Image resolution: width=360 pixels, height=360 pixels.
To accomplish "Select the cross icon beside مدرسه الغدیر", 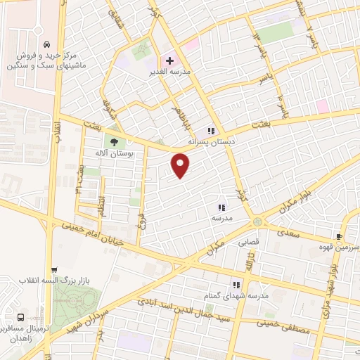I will pyautogui.click(x=169, y=61).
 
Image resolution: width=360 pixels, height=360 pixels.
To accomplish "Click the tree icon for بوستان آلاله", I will pyautogui.click(x=114, y=140).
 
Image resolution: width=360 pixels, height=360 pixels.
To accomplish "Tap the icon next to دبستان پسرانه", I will pyautogui.click(x=210, y=131).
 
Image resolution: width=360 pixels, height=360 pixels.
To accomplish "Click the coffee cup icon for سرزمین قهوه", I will pyautogui.click(x=339, y=237).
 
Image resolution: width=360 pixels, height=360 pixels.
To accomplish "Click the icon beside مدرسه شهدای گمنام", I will pyautogui.click(x=236, y=285).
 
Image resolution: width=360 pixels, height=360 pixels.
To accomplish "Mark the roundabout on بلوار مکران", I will pyautogui.click(x=258, y=221).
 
